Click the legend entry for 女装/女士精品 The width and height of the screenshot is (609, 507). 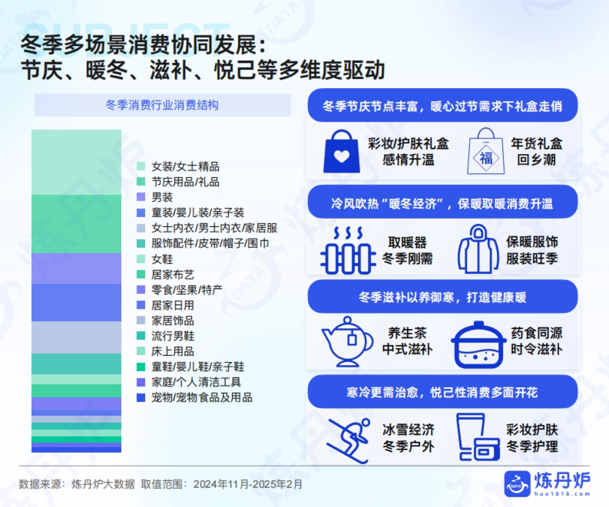(x=185, y=166)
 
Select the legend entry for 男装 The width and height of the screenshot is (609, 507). (x=162, y=197)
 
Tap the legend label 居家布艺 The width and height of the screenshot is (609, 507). (x=173, y=275)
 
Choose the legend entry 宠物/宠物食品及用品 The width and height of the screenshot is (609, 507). (x=201, y=397)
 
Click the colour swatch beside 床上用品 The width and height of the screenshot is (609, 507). (x=141, y=351)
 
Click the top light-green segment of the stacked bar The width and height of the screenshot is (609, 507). (x=77, y=162)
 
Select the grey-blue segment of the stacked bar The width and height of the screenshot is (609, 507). (x=77, y=337)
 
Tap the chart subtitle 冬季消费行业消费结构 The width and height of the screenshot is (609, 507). (x=162, y=105)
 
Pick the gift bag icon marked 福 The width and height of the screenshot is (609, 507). (x=486, y=151)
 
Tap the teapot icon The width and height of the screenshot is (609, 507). (x=346, y=341)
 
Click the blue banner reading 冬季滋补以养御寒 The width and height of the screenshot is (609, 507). (x=442, y=297)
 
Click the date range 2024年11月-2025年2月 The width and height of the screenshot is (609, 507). (x=248, y=484)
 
